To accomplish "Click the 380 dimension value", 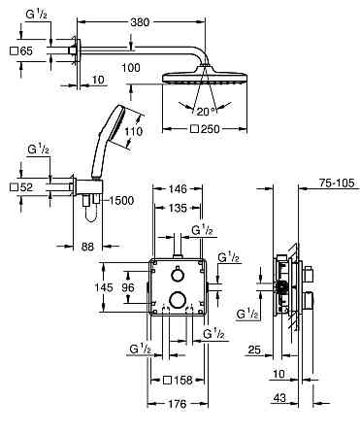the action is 140,22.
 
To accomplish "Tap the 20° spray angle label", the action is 206,112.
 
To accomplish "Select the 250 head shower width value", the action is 210,129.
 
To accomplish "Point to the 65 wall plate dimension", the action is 26,51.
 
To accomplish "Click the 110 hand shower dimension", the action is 134,131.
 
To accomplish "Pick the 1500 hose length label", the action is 121,201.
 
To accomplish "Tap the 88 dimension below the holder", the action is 87,247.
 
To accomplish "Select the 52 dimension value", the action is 26,187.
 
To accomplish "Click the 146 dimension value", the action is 178,188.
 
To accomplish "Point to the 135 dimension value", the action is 178,208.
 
